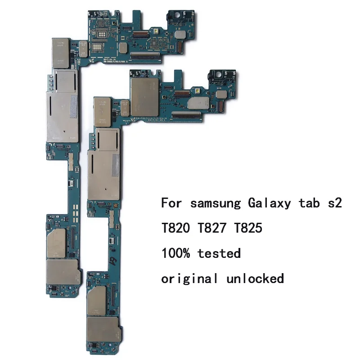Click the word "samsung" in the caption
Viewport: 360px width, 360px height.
tap(216, 203)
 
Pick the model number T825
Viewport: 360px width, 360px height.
tap(248, 229)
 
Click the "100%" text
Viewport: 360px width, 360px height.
tap(176, 253)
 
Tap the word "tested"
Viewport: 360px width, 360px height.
tap(219, 253)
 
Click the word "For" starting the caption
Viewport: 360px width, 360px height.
tap(172, 203)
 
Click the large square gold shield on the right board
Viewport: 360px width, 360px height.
tap(144, 94)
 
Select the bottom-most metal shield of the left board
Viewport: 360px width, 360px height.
tap(63, 273)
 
